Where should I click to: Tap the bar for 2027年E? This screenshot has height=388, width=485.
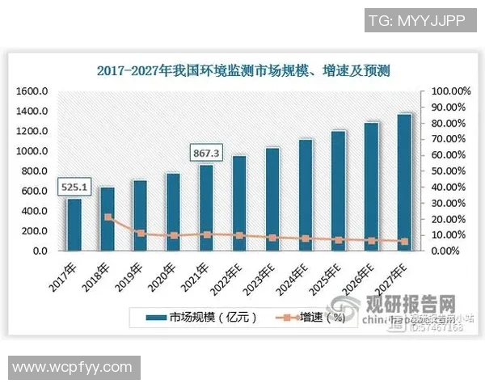(405, 183)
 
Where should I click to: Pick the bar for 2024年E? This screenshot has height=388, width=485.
(306, 195)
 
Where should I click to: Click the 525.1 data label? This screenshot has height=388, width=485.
(74, 188)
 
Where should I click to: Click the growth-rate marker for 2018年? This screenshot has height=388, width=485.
(108, 217)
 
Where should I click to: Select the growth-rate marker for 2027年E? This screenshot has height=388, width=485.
(405, 241)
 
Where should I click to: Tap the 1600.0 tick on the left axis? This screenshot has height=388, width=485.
(33, 91)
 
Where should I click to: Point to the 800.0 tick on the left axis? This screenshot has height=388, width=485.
(35, 171)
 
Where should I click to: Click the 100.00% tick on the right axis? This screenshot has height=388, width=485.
(445, 91)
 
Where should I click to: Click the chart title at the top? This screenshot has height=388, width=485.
(242, 71)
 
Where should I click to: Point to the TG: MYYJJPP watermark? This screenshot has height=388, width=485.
(420, 20)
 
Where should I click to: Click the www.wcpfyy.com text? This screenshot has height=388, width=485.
(73, 368)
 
